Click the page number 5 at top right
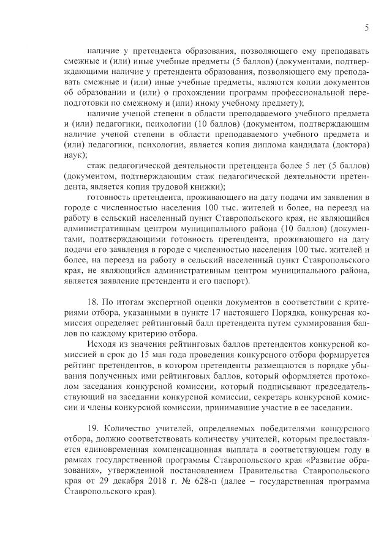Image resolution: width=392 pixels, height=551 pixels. [x=366, y=28]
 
